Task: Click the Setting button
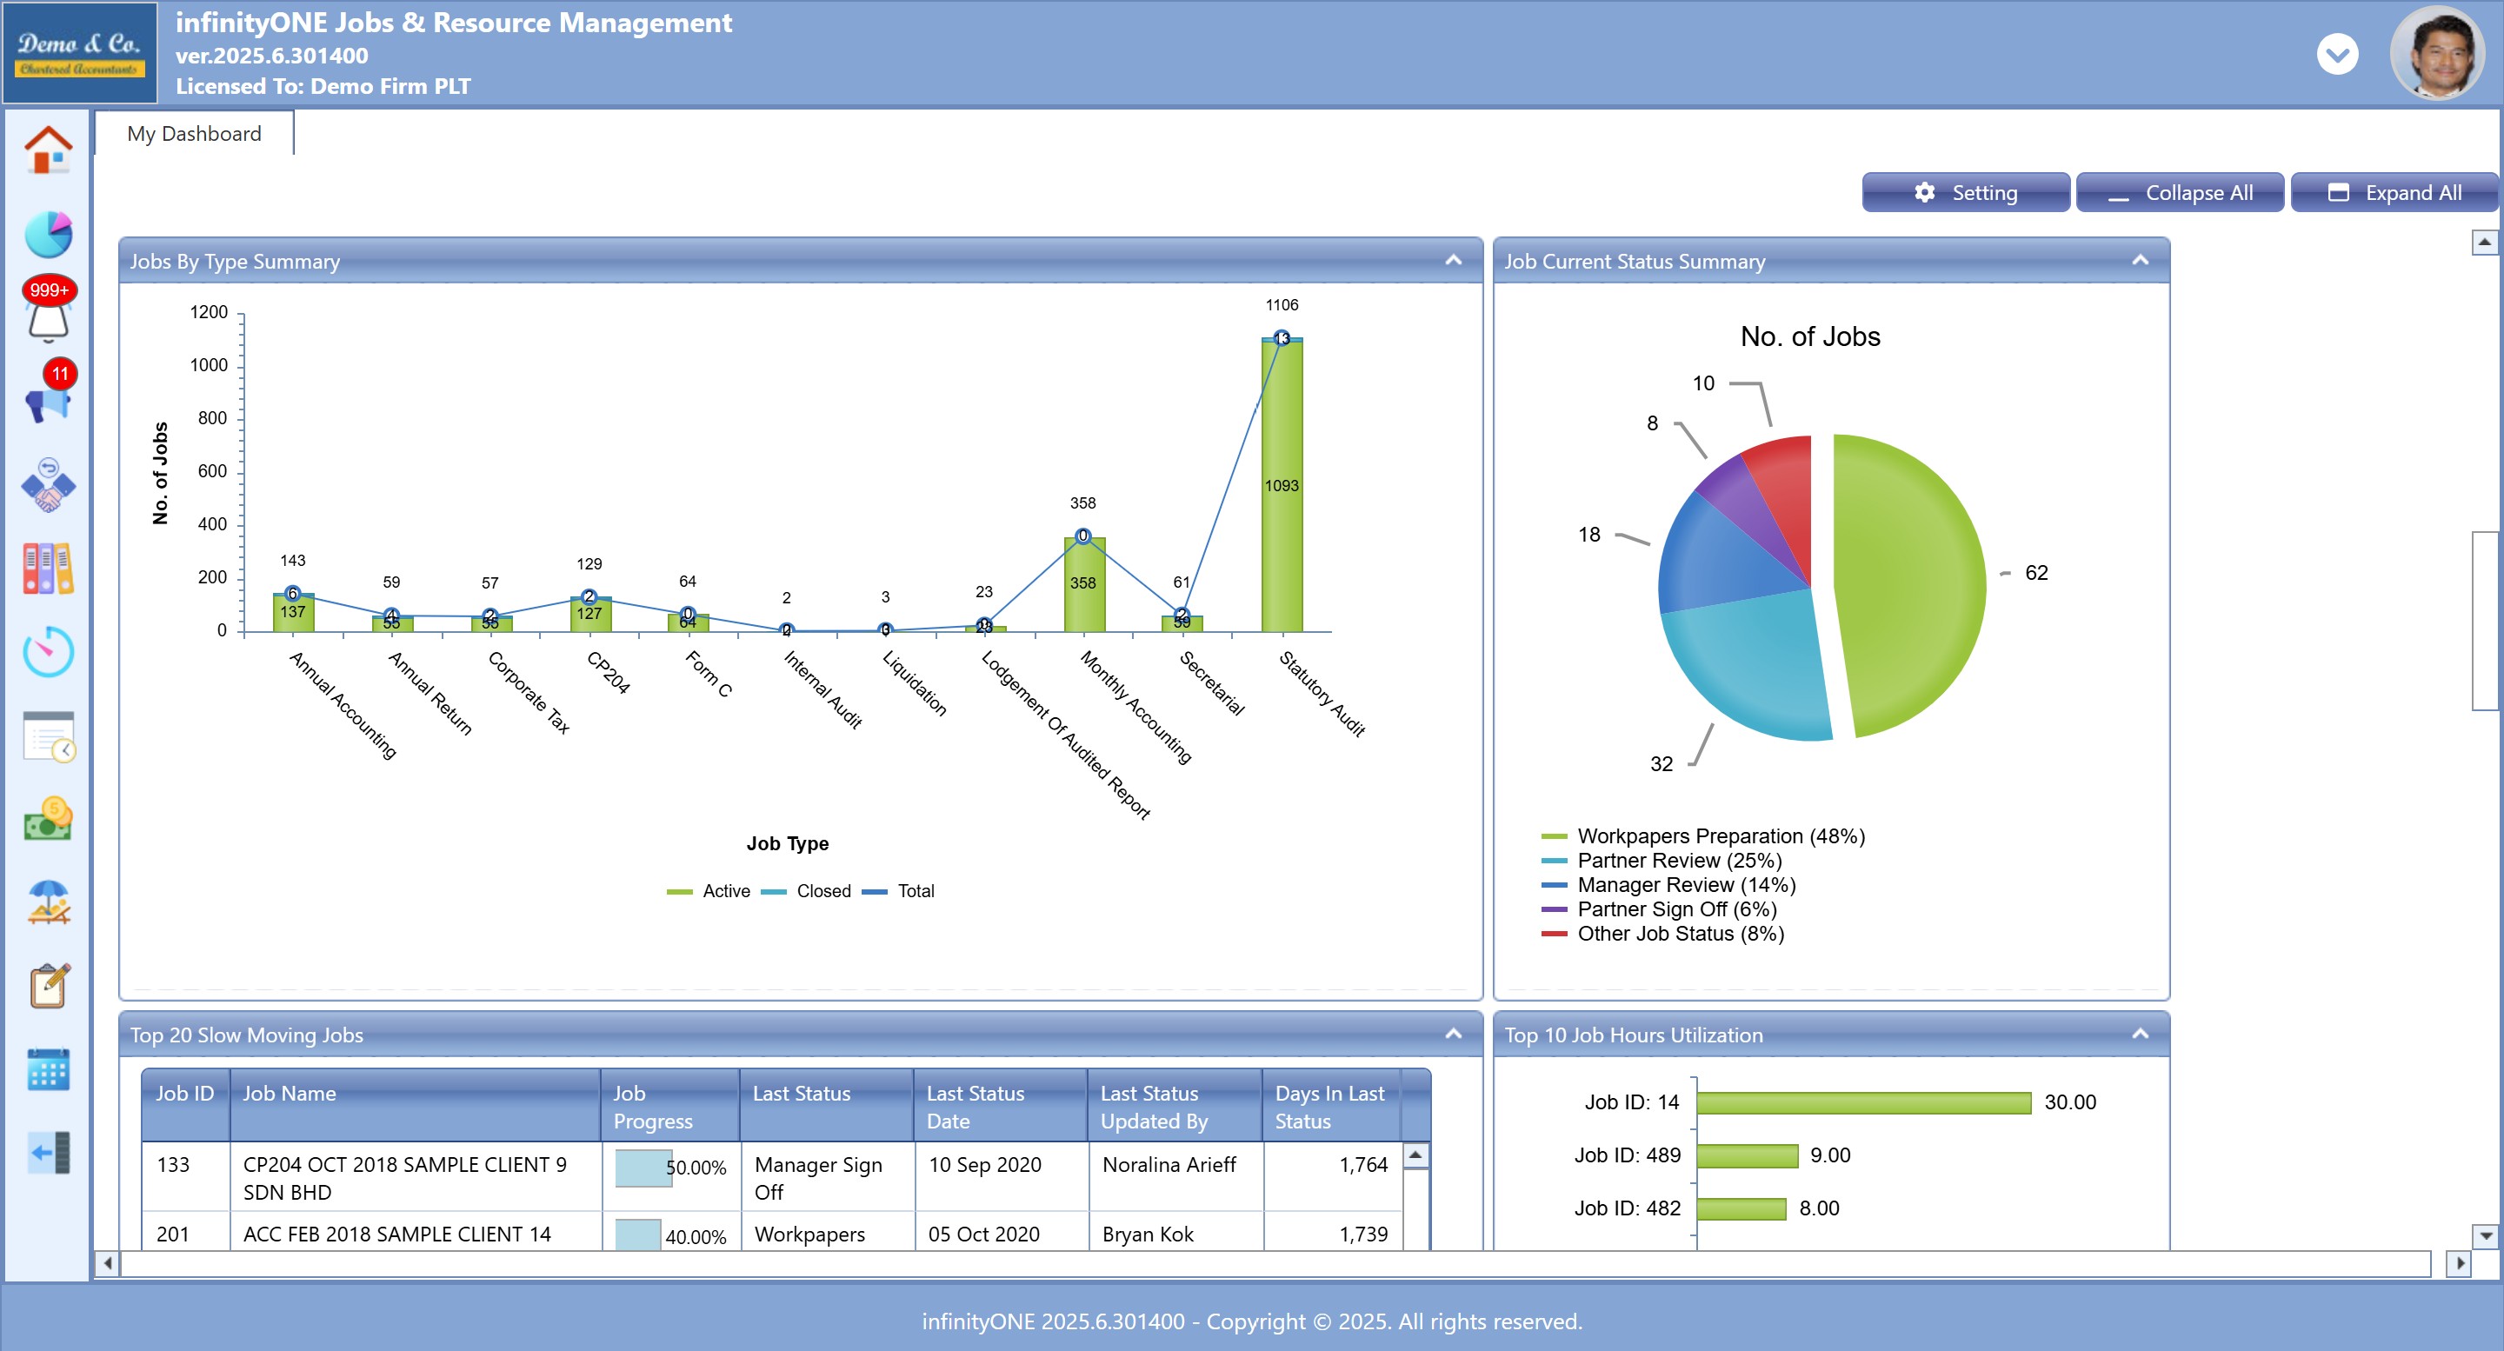pyautogui.click(x=1965, y=192)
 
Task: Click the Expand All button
pyautogui.click(x=2394, y=192)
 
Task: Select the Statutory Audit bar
pyautogui.click(x=1282, y=486)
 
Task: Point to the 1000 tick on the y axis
pyautogui.click(x=209, y=365)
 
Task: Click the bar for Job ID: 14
pyautogui.click(x=1862, y=1102)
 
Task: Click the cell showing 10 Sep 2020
pyautogui.click(x=985, y=1164)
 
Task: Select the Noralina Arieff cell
pyautogui.click(x=1169, y=1164)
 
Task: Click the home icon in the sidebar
pyautogui.click(x=48, y=150)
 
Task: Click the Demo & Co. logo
pyautogui.click(x=80, y=53)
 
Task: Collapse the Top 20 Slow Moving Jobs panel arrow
pyautogui.click(x=1452, y=1033)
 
